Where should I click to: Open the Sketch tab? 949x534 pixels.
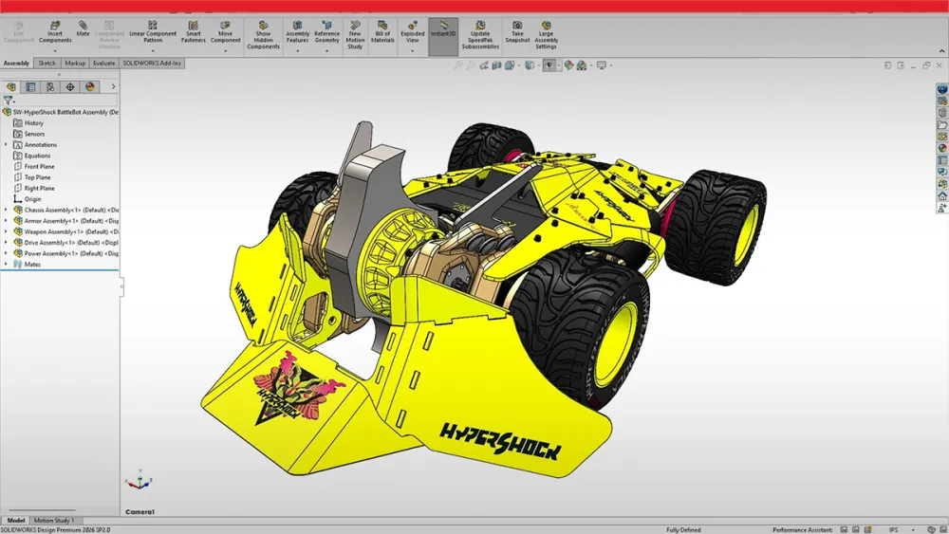(47, 64)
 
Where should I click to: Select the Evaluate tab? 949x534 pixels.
(103, 64)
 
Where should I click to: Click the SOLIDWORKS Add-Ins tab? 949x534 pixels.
(153, 64)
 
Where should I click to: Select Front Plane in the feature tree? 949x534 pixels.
(39, 167)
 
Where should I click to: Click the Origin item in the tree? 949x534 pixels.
(32, 199)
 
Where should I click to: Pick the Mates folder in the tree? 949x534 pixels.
(32, 265)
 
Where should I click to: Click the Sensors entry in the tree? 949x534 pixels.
(34, 134)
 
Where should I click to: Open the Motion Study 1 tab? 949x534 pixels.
(54, 521)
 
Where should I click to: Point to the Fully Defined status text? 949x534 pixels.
(683, 529)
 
